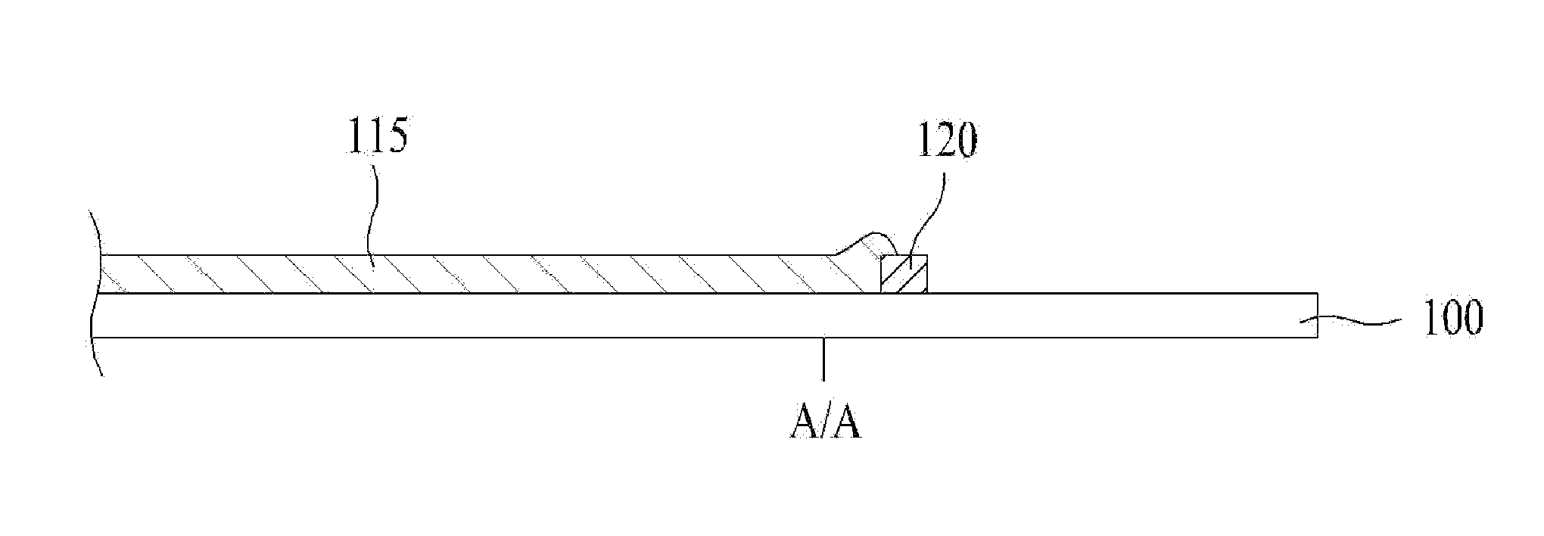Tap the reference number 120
tap(947, 142)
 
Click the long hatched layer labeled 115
tap(454, 274)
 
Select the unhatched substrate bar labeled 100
tap(681, 315)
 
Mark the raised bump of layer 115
tap(863, 246)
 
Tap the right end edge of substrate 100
tap(1317, 315)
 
